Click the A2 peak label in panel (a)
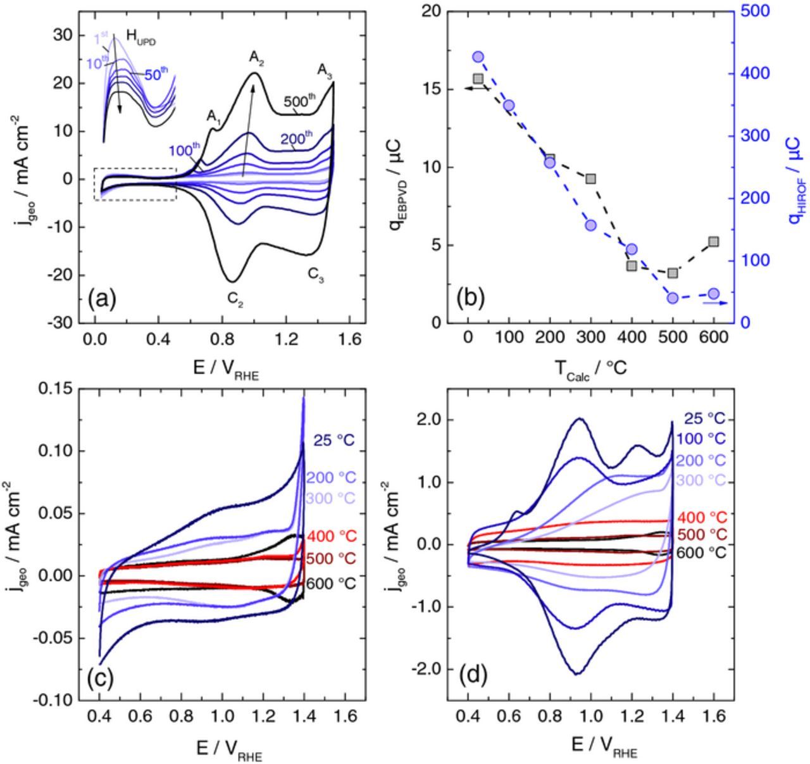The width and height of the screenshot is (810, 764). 257,59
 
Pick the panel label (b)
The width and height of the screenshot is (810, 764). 470,297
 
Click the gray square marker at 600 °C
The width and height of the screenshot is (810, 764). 714,242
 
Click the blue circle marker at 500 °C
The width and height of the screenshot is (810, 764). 673,297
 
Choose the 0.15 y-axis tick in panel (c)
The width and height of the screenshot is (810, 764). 55,389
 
